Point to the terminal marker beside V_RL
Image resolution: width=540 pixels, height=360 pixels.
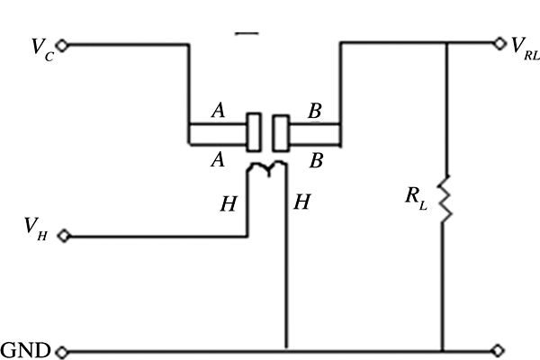tap(499, 42)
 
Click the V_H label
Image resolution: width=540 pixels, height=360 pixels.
tap(38, 237)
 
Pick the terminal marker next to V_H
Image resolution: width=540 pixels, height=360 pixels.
tap(63, 238)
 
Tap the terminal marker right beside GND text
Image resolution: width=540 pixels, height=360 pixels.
tap(61, 350)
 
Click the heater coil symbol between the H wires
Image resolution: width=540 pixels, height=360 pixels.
tap(267, 166)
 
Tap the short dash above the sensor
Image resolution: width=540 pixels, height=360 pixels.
tap(247, 33)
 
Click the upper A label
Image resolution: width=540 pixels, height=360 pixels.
tap(217, 111)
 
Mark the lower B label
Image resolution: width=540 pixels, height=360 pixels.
tap(317, 160)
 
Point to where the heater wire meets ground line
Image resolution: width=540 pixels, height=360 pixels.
tap(286, 350)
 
